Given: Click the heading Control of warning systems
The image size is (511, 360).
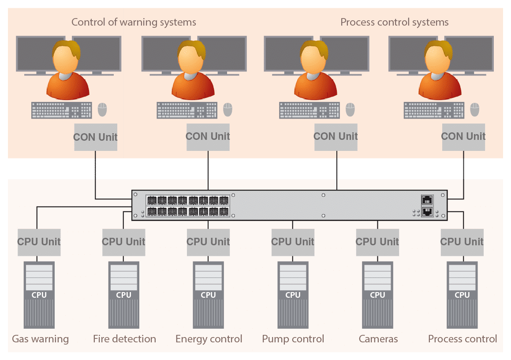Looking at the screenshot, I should (134, 22).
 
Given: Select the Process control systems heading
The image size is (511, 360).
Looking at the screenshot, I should (394, 22).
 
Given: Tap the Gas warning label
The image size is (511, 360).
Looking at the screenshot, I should (40, 339).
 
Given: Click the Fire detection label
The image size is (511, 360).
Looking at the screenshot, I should (124, 339).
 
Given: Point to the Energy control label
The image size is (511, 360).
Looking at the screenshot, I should (209, 339).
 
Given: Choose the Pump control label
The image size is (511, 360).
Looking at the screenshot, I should (293, 339).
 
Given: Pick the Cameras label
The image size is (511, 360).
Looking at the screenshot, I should (378, 339).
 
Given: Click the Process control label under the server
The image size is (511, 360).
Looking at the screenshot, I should (462, 339).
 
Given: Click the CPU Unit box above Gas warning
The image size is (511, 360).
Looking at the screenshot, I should (39, 242).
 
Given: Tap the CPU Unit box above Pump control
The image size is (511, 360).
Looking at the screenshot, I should (292, 242).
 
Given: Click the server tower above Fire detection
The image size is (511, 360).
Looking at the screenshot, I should (123, 295).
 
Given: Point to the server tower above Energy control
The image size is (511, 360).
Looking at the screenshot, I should (208, 295).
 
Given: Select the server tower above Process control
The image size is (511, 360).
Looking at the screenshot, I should (462, 295).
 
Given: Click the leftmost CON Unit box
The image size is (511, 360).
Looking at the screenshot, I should (95, 137).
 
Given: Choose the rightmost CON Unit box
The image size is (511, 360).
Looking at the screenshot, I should (463, 137).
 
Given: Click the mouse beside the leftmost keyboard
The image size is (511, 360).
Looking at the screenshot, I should (102, 109).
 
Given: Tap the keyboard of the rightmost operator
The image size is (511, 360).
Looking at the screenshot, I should (434, 110).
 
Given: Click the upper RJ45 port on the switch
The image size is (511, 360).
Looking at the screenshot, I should (427, 200).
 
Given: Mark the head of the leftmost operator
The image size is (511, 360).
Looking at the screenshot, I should (66, 55).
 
